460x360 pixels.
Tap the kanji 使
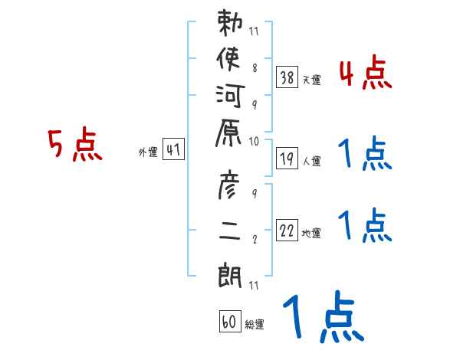coord(228,59)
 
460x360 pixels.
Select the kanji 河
coord(230,96)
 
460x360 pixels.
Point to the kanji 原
coord(228,133)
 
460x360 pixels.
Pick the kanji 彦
coord(228,185)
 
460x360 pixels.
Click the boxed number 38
coord(287,77)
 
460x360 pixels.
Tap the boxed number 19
coord(287,159)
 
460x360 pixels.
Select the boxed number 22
coord(287,231)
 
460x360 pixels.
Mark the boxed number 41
coord(173,149)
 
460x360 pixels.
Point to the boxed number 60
coord(230,322)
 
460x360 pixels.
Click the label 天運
coord(312,80)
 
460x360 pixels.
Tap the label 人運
coord(312,161)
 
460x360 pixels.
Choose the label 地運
coord(311,234)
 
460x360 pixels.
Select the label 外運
coord(148,152)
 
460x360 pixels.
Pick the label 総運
coord(255,325)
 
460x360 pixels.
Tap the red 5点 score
coord(75,144)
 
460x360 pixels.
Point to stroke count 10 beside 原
coord(254,142)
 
